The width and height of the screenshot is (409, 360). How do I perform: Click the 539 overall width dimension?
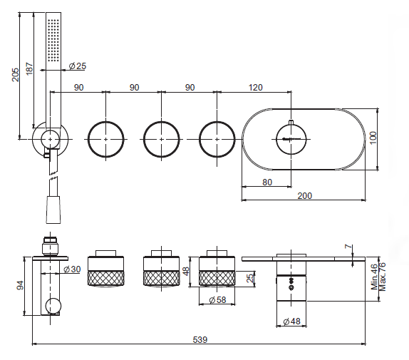click(200, 339)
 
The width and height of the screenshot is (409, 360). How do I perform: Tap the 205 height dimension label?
click(16, 74)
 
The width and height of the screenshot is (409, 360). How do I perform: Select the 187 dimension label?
click(30, 68)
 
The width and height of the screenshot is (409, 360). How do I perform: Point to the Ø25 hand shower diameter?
click(78, 66)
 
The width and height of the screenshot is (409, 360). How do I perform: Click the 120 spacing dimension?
click(255, 88)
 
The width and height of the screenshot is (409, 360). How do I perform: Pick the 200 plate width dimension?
click(305, 195)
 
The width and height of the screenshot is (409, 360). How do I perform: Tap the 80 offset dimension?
click(267, 182)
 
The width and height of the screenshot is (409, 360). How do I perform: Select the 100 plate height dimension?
click(373, 138)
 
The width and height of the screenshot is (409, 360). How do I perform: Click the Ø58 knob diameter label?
click(217, 299)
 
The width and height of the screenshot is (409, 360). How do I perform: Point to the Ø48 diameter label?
click(291, 321)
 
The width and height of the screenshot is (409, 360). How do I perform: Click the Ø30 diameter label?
click(72, 269)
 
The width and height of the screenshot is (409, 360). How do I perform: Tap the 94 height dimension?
click(20, 285)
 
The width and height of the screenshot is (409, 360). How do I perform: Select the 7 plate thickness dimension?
click(348, 247)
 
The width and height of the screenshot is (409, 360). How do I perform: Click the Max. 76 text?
click(382, 277)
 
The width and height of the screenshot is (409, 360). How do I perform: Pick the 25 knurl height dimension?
click(250, 278)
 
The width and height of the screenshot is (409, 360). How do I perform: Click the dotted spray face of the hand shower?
click(53, 40)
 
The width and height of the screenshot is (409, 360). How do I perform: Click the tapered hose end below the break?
click(53, 210)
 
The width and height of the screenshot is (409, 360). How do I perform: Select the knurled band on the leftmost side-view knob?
click(105, 278)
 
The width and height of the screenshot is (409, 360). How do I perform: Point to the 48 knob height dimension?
click(186, 271)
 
